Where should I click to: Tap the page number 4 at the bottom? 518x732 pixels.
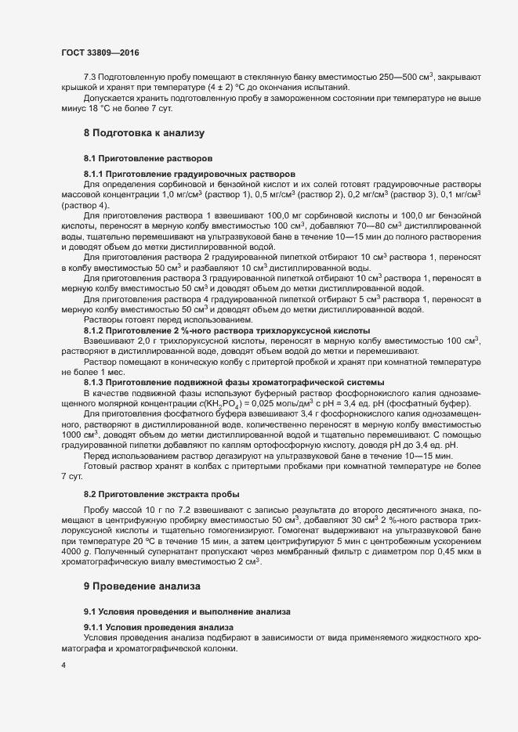(63, 666)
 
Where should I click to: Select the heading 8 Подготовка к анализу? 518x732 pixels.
(143, 134)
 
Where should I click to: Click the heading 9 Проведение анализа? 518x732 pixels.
(143, 586)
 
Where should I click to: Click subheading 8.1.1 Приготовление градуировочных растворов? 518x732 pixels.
(190, 173)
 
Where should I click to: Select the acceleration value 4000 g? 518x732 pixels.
(77, 554)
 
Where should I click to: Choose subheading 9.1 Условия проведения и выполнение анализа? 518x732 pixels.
(187, 611)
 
